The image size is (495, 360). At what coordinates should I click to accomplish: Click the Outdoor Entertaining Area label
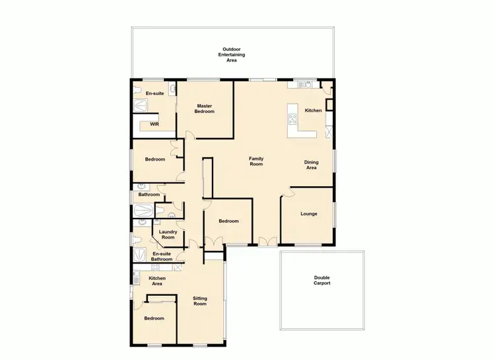232,55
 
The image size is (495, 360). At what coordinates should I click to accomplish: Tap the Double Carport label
321,281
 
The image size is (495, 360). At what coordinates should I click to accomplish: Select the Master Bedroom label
205,109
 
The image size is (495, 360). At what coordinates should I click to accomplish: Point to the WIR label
154,124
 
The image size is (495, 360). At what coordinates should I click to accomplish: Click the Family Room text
256,161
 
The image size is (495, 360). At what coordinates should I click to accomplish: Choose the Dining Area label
311,165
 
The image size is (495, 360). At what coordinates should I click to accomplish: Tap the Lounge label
309,213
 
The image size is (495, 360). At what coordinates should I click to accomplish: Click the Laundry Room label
167,234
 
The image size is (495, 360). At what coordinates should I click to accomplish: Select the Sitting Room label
200,301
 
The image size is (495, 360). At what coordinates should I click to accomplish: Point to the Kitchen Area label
157,281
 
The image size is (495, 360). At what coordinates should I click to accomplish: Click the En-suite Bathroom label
162,256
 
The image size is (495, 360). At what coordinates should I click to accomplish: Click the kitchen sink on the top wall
305,84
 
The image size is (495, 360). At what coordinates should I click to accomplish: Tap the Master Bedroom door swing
190,134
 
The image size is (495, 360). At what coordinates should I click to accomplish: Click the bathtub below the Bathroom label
143,211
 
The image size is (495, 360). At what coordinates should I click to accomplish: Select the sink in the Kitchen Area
137,274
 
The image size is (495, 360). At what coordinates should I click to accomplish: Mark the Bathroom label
148,194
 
